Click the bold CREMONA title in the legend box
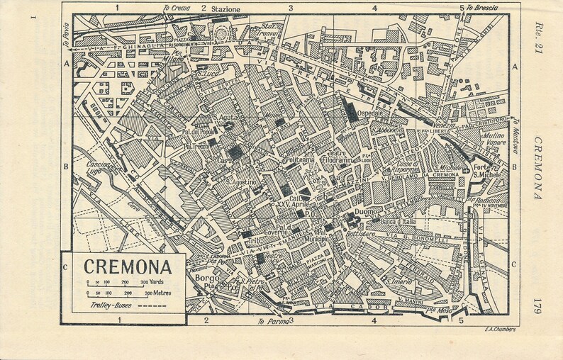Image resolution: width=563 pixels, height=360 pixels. [123, 269]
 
